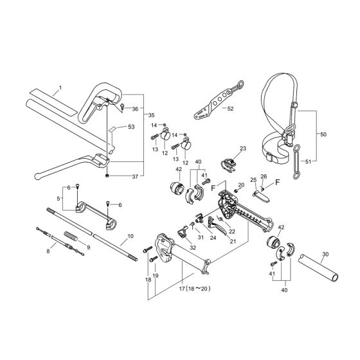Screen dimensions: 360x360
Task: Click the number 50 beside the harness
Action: pyautogui.click(x=323, y=136)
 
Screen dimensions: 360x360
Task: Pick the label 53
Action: pyautogui.click(x=131, y=127)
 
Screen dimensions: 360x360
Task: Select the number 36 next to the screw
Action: pyautogui.click(x=135, y=109)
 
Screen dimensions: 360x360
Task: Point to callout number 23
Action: pyautogui.click(x=242, y=149)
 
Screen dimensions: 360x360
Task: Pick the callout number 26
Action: pyautogui.click(x=263, y=177)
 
